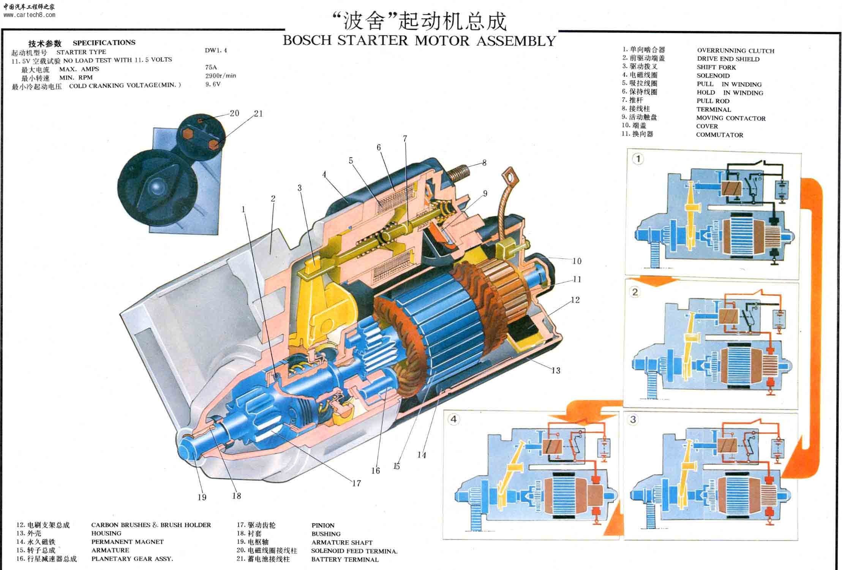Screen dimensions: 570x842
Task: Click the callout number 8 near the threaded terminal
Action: (x=484, y=163)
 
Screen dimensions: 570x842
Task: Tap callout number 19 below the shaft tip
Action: (x=202, y=497)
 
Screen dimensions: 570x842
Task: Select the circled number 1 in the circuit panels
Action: (x=638, y=159)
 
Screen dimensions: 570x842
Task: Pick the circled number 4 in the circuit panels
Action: (x=453, y=420)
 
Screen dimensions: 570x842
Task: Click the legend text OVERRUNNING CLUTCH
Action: (x=735, y=51)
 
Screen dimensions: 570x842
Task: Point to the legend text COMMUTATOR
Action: (x=719, y=135)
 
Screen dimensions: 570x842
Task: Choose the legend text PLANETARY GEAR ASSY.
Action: (x=132, y=559)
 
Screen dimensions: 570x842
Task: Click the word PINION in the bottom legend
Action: (x=323, y=526)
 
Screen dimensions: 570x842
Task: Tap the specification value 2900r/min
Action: (x=221, y=76)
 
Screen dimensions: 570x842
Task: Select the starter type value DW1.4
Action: (x=216, y=51)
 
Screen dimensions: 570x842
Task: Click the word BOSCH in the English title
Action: (x=307, y=41)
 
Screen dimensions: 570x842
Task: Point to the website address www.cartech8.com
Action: (x=29, y=15)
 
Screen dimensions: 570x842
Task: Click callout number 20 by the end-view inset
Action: (x=234, y=113)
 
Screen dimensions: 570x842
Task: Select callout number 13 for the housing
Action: (x=556, y=370)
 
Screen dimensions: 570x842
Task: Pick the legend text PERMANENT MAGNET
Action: (x=127, y=542)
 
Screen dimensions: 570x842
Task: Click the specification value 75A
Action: (x=211, y=68)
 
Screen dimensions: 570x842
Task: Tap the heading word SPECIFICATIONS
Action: (x=104, y=43)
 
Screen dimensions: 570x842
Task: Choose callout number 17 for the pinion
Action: (x=356, y=483)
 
